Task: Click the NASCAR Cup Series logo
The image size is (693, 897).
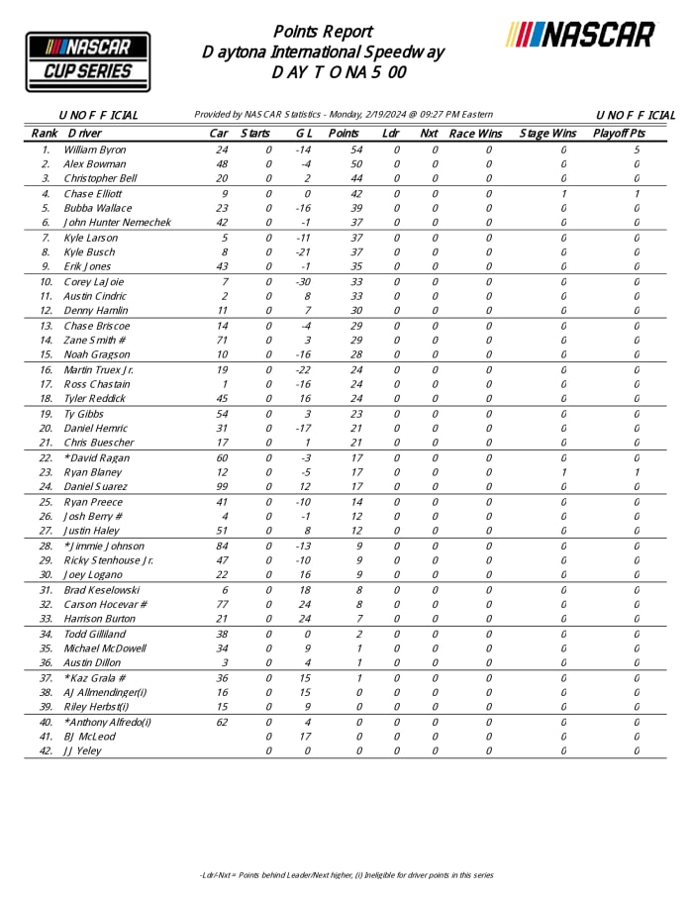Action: coord(87,61)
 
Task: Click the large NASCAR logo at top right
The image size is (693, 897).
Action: coord(580,35)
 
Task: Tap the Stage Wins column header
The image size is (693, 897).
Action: coord(546,133)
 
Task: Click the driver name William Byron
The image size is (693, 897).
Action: coord(94,149)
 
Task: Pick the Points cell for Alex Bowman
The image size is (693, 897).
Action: coord(357,164)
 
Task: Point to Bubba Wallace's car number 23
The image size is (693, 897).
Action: coord(223,208)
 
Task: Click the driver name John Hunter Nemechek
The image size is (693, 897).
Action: coord(117,223)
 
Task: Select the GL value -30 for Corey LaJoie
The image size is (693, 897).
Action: coord(303,282)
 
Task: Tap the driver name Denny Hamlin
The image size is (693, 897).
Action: coord(96,311)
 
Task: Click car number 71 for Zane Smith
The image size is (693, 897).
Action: coord(223,341)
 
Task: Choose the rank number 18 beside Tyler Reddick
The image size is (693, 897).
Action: coord(46,399)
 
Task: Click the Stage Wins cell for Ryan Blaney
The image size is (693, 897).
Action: coord(562,472)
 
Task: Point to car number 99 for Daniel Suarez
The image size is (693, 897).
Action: coord(223,487)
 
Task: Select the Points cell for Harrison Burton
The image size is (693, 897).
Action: coord(357,619)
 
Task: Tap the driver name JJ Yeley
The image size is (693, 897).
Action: coord(82,750)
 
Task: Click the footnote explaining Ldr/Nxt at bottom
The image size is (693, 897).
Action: coord(346,875)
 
